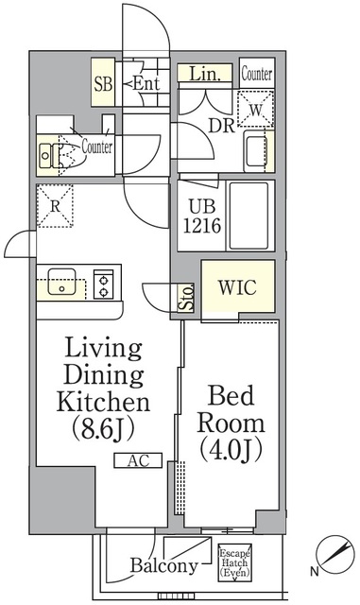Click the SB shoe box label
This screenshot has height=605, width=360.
[103, 84]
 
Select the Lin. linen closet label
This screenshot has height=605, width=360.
[205, 74]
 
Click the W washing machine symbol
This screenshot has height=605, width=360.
[255, 109]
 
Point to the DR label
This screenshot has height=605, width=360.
[221, 125]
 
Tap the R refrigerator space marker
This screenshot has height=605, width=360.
[55, 206]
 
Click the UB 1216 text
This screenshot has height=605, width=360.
[202, 216]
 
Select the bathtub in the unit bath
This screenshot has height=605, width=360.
[249, 216]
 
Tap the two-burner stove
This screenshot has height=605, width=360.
[103, 284]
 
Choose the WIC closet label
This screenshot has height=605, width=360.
[237, 287]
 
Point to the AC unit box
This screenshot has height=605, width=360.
[138, 460]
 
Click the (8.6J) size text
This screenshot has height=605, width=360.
[103, 429]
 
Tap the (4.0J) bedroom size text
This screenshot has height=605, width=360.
[231, 450]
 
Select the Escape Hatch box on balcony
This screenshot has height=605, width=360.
[234, 562]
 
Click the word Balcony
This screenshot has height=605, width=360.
[164, 565]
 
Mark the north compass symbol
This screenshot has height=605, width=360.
[334, 555]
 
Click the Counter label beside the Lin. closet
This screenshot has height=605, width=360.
[257, 74]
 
